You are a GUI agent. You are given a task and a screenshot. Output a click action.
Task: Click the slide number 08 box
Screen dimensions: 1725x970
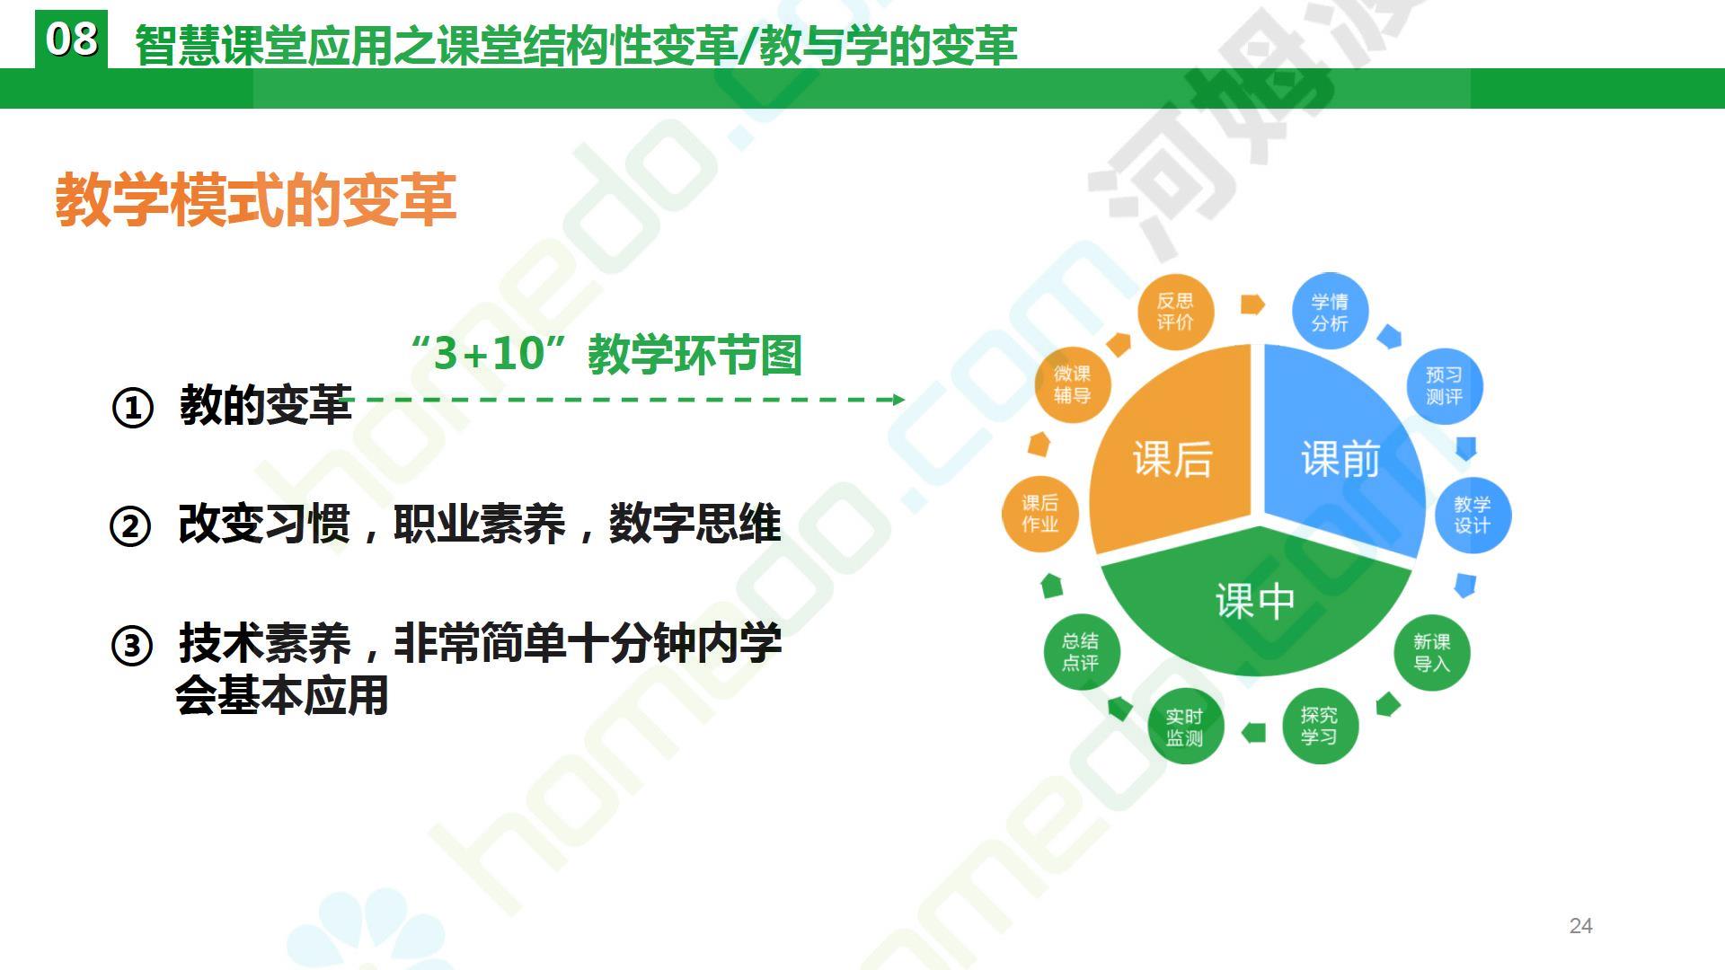click(71, 40)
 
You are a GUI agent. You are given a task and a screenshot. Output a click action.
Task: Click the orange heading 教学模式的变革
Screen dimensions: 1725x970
click(256, 199)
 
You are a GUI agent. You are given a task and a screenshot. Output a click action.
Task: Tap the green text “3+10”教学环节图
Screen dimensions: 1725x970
click(605, 353)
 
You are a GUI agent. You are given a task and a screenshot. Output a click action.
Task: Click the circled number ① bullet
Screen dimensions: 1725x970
click(132, 409)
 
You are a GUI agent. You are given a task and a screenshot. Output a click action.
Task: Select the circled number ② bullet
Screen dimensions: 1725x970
click(130, 525)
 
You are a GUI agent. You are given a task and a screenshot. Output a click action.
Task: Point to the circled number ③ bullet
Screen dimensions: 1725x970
click(132, 645)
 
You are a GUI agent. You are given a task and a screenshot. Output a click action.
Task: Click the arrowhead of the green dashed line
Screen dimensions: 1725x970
click(899, 399)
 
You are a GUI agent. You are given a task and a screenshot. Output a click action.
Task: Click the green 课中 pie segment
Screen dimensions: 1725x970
click(1255, 602)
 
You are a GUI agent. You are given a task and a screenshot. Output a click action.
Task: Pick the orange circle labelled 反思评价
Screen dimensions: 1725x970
click(1174, 312)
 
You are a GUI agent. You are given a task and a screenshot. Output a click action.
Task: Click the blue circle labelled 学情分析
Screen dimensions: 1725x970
click(1330, 312)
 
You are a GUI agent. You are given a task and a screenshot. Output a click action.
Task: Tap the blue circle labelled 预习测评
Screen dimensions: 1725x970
click(1444, 386)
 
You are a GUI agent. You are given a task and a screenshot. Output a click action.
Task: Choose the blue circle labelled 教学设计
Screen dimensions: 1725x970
click(1473, 515)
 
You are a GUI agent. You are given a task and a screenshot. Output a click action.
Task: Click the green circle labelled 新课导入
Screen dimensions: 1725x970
click(1431, 653)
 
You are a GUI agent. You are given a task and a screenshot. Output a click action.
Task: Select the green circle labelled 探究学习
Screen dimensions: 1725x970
click(1319, 726)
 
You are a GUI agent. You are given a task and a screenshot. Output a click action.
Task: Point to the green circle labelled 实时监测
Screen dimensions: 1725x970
click(1184, 727)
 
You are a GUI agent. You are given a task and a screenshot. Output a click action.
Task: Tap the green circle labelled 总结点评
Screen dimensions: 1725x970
click(1079, 652)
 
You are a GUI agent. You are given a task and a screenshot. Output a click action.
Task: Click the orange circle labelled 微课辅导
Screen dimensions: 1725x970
click(1072, 384)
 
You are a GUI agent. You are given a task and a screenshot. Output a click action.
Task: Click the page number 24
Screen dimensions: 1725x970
click(1580, 926)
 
